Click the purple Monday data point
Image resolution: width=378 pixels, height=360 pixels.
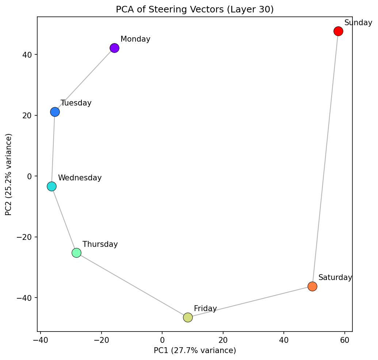(x=114, y=48)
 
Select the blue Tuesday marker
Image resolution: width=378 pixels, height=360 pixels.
(x=55, y=112)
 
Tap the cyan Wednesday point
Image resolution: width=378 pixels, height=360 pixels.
(x=52, y=187)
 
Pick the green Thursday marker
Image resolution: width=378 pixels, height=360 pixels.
(x=76, y=253)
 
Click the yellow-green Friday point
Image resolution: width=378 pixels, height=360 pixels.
(x=188, y=317)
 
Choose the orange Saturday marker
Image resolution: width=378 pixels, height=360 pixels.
(x=312, y=286)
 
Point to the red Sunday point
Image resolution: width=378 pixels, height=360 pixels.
(x=338, y=31)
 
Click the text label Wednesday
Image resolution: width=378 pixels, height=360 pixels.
(x=80, y=178)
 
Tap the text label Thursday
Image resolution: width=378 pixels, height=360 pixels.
(x=100, y=244)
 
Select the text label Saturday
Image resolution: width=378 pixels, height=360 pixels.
(x=335, y=277)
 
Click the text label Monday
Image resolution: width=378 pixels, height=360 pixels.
(x=135, y=39)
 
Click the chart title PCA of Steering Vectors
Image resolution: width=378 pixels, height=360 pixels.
(x=195, y=9)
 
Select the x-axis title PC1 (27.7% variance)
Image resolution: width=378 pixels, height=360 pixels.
(x=195, y=351)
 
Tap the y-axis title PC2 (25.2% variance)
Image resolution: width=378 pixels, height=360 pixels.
(x=9, y=174)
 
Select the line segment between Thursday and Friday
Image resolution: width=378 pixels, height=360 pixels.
(x=131, y=285)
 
